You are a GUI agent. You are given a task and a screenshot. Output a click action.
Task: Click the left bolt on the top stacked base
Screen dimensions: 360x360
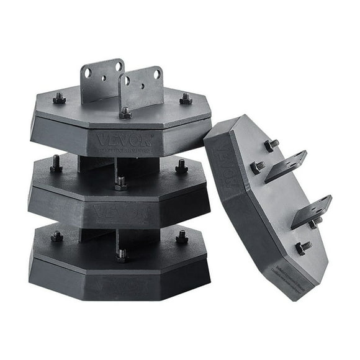click(59, 97)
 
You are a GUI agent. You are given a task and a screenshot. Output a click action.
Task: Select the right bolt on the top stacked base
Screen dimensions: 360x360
click(185, 99)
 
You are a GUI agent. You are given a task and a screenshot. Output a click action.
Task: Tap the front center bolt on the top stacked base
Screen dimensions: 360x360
click(125, 113)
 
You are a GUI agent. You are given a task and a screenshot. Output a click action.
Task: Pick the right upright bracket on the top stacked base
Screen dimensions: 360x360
click(142, 86)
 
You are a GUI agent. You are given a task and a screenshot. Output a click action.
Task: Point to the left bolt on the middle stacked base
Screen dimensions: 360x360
click(56, 164)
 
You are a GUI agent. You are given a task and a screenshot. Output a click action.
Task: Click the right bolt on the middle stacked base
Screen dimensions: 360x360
click(181, 166)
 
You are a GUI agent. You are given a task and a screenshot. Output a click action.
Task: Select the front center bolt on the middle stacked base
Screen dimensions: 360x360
click(121, 183)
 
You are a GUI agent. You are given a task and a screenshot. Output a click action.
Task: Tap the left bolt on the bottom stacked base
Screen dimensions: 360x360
click(56, 236)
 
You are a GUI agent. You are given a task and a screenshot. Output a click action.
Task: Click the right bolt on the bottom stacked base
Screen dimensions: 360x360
click(181, 236)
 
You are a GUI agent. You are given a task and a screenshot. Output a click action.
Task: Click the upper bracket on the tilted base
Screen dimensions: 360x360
click(286, 166)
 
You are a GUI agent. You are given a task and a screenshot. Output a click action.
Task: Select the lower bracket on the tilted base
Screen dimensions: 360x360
click(311, 210)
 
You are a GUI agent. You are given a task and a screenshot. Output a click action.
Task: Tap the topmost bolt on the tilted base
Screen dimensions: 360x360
click(272, 145)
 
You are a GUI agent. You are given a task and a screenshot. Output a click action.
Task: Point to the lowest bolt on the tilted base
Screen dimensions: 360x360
click(302, 248)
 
